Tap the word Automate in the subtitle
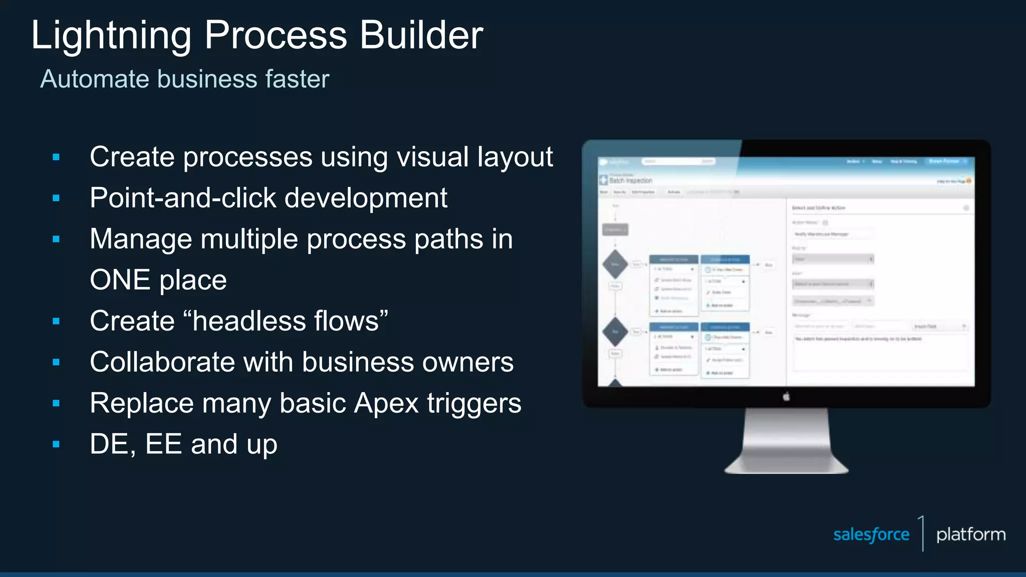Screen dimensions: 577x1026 pyautogui.click(x=95, y=79)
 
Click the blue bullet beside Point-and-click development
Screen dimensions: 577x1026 pyautogui.click(x=56, y=198)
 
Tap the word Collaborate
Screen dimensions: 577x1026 pyautogui.click(x=162, y=362)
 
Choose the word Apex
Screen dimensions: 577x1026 pyautogui.click(x=386, y=404)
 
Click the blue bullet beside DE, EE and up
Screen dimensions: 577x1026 pyautogui.click(x=56, y=444)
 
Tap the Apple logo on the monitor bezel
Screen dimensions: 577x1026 pyautogui.click(x=786, y=397)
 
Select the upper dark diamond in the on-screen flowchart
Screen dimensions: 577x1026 pyautogui.click(x=615, y=264)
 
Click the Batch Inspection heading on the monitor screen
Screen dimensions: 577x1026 pyautogui.click(x=630, y=180)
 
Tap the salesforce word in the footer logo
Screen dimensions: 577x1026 pyautogui.click(x=871, y=534)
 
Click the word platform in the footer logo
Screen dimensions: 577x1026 pyautogui.click(x=970, y=534)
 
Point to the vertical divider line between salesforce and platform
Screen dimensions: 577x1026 pyautogui.click(x=922, y=533)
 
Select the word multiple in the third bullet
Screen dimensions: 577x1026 pyautogui.click(x=249, y=239)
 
